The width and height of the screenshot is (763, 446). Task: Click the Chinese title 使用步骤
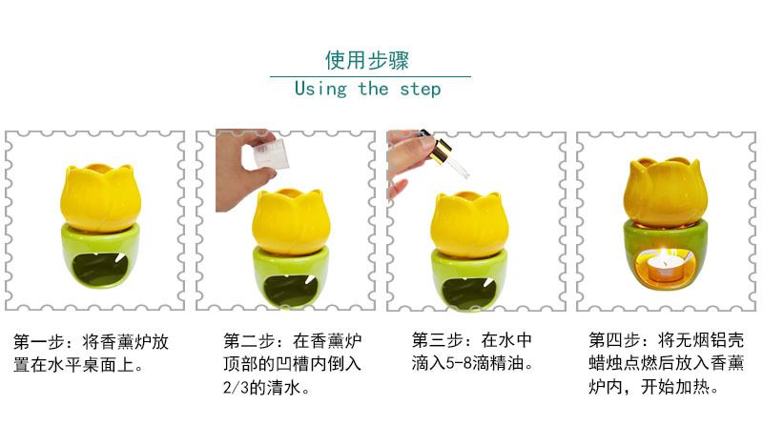coord(367,60)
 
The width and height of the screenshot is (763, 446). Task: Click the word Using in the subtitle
coord(320,89)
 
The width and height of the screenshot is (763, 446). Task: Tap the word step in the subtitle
coord(420,89)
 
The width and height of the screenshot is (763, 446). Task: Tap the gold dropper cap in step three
coord(441,151)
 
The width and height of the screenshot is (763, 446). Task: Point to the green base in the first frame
coord(100,255)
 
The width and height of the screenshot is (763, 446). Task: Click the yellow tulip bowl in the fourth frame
coord(665,193)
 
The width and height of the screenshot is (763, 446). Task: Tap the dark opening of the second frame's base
coord(291,290)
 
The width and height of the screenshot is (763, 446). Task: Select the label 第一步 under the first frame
coord(39,342)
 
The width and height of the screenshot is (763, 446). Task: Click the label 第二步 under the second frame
coord(249,341)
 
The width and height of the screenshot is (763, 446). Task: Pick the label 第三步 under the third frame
coord(438,340)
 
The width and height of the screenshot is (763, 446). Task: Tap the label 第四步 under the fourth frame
coord(614,340)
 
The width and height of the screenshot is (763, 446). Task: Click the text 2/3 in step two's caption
coord(236,388)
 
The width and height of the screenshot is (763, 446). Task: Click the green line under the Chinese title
coord(370,76)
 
